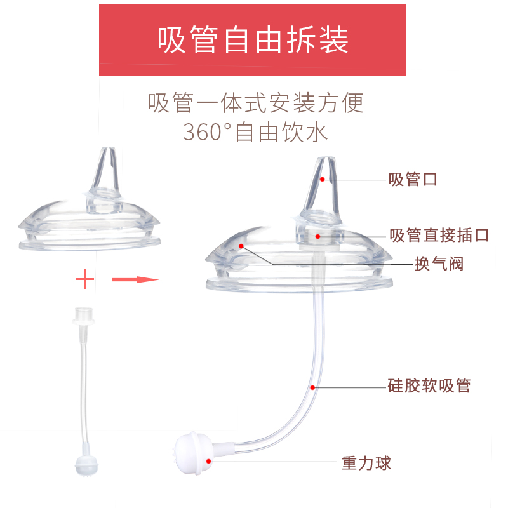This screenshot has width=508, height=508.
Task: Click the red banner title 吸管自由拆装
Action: point(253,40)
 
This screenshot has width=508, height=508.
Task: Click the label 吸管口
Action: point(413,180)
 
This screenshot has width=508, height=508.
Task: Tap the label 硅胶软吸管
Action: point(429,385)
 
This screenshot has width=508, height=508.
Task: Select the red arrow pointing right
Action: point(135,279)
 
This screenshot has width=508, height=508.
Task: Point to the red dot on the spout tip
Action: point(323,180)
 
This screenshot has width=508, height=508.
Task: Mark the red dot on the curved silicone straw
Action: point(312,386)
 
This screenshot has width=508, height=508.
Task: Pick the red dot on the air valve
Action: point(241,244)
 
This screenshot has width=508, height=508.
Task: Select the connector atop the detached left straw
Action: point(81,315)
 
